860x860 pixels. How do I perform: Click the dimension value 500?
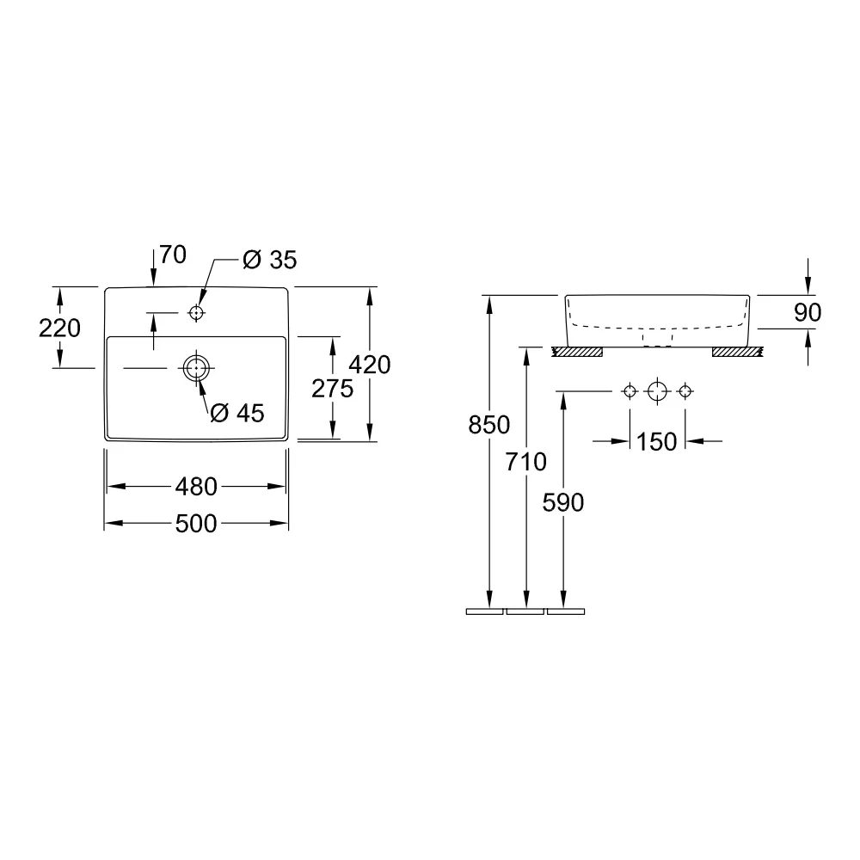click(x=196, y=524)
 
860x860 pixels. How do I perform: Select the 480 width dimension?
click(x=196, y=487)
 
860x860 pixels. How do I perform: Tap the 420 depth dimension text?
click(x=370, y=365)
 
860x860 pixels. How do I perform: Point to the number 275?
click(x=332, y=389)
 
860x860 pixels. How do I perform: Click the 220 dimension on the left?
click(x=60, y=328)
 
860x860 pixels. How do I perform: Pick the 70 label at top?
click(x=174, y=255)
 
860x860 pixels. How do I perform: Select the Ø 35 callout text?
click(x=270, y=260)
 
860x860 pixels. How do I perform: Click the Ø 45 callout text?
click(x=237, y=413)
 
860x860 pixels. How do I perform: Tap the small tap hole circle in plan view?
click(x=196, y=313)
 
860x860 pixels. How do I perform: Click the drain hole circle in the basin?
click(x=196, y=368)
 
